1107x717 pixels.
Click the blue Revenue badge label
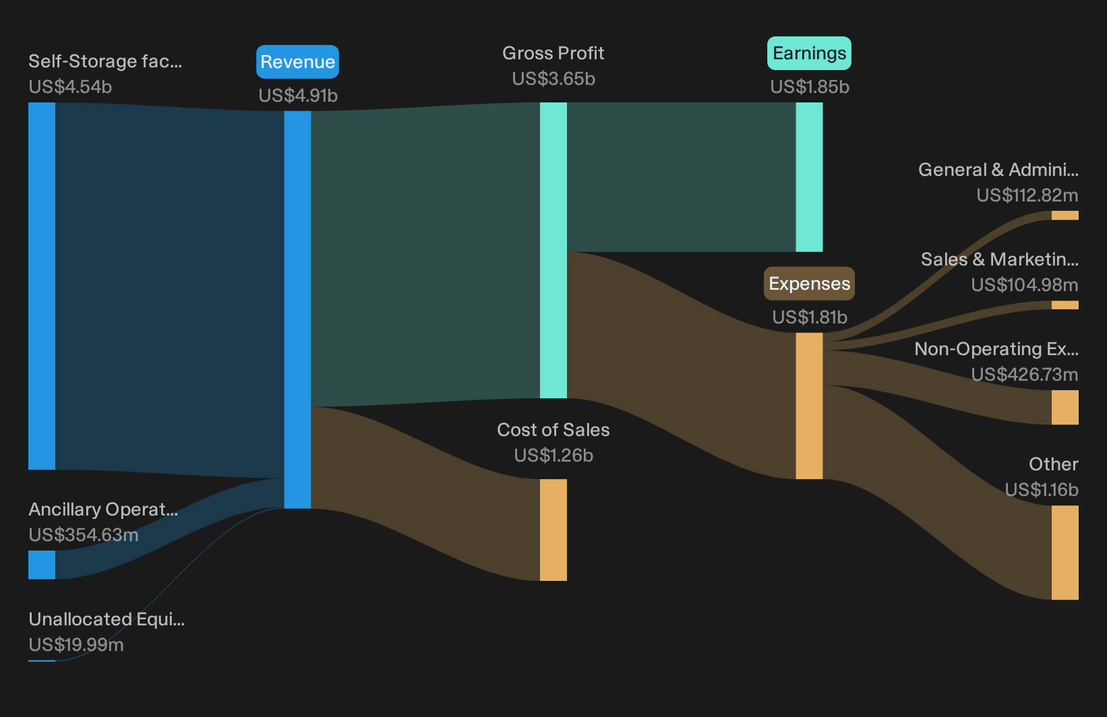[x=297, y=62]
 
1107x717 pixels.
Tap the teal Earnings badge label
[x=809, y=53]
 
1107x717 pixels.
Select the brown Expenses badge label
[x=809, y=284]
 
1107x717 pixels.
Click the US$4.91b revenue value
[x=298, y=96]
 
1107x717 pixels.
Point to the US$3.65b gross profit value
[x=553, y=79]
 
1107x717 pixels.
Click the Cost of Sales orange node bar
[x=553, y=530]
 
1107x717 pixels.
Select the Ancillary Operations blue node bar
[x=42, y=565]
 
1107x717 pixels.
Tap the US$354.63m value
[x=84, y=535]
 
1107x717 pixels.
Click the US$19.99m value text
[x=76, y=645]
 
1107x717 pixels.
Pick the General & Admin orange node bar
[x=1065, y=216]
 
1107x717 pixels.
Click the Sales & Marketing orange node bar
[x=1065, y=305]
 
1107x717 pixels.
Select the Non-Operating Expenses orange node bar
[x=1065, y=407]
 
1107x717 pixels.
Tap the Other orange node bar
[x=1065, y=553]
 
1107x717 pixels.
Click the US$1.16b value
[x=1042, y=490]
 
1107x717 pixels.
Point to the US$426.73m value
[x=1025, y=375]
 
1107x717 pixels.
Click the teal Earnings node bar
[x=810, y=177]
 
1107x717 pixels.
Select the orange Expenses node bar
[x=810, y=406]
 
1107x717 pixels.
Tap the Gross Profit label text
[x=553, y=53]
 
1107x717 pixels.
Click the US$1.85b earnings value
[x=810, y=87]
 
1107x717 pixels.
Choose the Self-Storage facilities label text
[x=105, y=61]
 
